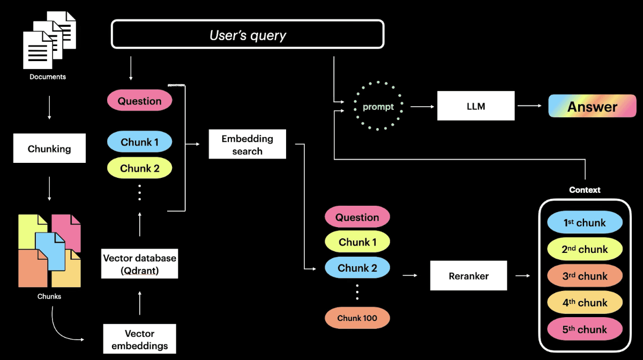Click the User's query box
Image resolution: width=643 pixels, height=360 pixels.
click(x=248, y=35)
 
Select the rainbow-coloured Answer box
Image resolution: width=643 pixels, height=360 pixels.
click(x=592, y=106)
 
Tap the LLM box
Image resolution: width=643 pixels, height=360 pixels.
click(x=476, y=106)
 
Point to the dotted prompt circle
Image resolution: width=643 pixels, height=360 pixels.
click(x=378, y=106)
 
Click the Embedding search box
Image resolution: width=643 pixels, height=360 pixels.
click(x=247, y=144)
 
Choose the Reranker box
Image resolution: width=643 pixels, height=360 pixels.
click(x=468, y=276)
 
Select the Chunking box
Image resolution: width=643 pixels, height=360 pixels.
click(x=49, y=148)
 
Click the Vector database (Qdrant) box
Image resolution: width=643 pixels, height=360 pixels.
click(x=139, y=264)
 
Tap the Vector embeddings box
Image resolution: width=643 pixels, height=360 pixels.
click(x=139, y=339)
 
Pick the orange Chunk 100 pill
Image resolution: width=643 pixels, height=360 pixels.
click(x=357, y=318)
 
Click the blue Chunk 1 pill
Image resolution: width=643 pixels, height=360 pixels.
click(x=139, y=142)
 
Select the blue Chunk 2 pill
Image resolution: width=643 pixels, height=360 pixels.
click(x=357, y=268)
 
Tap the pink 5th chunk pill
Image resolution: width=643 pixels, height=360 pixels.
click(x=585, y=329)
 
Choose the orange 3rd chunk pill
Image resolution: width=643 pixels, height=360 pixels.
click(x=585, y=276)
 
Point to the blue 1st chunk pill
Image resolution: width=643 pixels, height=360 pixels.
click(x=585, y=222)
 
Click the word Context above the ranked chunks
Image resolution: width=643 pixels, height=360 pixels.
click(x=585, y=190)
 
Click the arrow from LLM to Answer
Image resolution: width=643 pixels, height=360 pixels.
click(x=529, y=106)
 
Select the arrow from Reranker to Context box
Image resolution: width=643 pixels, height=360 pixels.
click(x=522, y=276)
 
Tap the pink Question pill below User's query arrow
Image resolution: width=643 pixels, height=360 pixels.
click(x=139, y=101)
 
